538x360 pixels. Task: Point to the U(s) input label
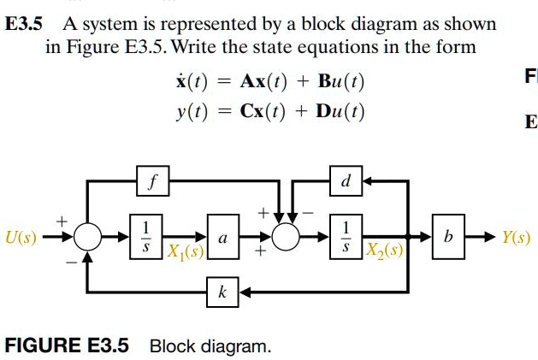(x=21, y=235)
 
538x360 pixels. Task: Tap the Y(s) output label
(x=515, y=236)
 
